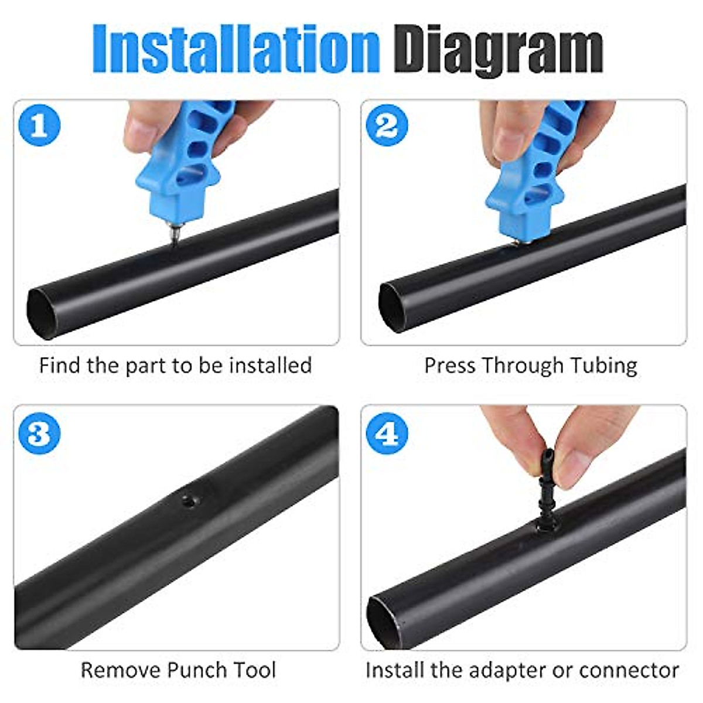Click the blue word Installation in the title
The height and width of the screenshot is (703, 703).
click(236, 48)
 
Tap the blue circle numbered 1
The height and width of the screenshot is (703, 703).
click(39, 125)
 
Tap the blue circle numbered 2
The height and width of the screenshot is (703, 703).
click(386, 125)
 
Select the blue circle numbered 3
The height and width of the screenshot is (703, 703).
click(39, 434)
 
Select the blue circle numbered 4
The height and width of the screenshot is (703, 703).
click(386, 434)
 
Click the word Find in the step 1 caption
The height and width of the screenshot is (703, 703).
click(60, 366)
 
